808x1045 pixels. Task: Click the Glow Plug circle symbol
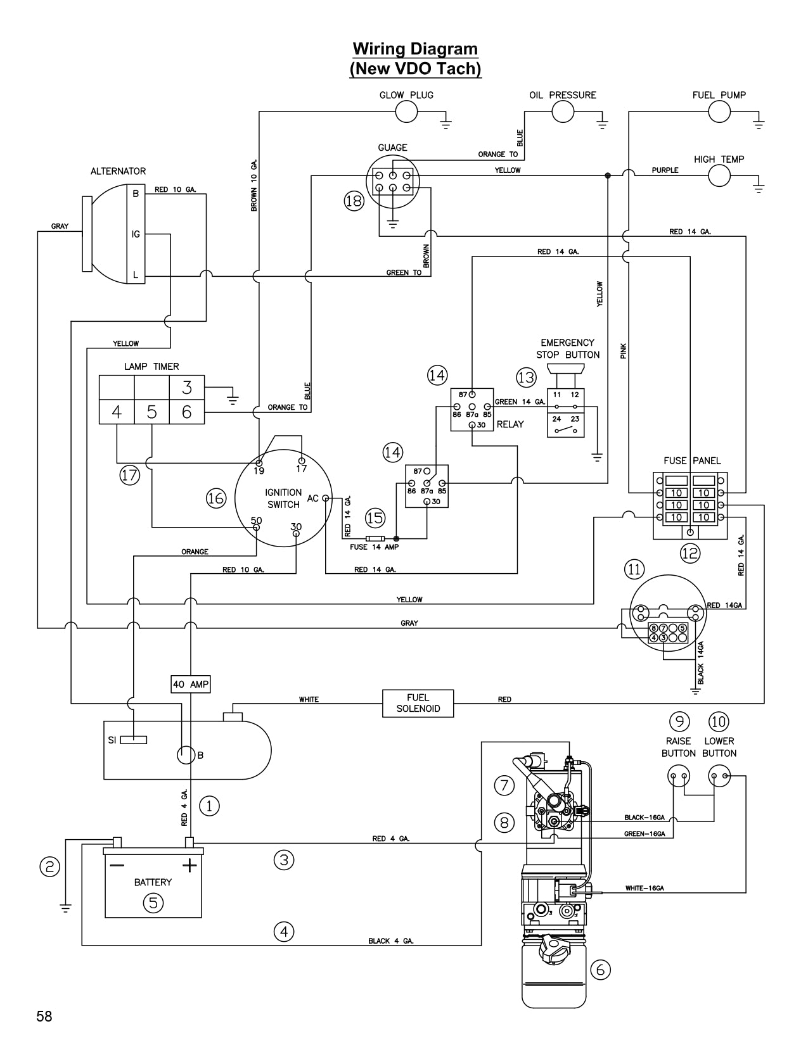click(406, 112)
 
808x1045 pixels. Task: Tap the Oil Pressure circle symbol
click(563, 112)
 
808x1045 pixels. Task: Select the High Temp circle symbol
click(719, 175)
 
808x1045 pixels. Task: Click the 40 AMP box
click(190, 685)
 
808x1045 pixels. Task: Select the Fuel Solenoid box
click(418, 703)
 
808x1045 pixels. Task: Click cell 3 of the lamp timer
click(186, 387)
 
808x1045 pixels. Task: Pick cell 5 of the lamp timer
click(151, 412)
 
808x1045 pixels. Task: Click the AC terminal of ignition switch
click(326, 498)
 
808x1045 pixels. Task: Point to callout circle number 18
click(354, 201)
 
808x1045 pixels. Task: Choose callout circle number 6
click(600, 969)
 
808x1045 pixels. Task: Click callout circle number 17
click(130, 475)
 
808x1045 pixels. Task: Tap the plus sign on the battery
click(189, 865)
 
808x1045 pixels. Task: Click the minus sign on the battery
click(117, 865)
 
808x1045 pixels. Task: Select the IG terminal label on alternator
click(136, 234)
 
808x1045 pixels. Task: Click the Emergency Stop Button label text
click(568, 348)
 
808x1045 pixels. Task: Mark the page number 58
click(44, 1016)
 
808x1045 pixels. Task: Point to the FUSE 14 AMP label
click(374, 547)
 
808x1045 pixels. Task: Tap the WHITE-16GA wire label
click(644, 889)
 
